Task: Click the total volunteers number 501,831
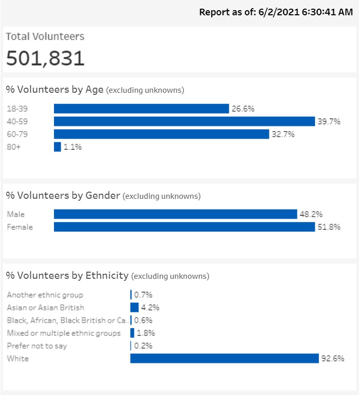pyautogui.click(x=45, y=58)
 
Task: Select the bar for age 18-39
pyautogui.click(x=141, y=109)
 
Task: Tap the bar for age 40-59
pyautogui.click(x=184, y=121)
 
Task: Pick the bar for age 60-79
pyautogui.click(x=161, y=134)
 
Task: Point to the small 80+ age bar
pyautogui.click(x=58, y=147)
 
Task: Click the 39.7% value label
pyautogui.click(x=329, y=121)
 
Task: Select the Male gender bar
pyautogui.click(x=175, y=214)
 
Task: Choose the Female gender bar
pyautogui.click(x=184, y=227)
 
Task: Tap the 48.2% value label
pyautogui.click(x=311, y=214)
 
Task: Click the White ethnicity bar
pyautogui.click(x=224, y=358)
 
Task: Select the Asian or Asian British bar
pyautogui.click(x=134, y=307)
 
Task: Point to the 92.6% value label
pyautogui.click(x=333, y=358)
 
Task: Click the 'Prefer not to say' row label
pyautogui.click(x=37, y=346)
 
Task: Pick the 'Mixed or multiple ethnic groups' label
pyautogui.click(x=64, y=333)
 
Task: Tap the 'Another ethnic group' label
pyautogui.click(x=45, y=295)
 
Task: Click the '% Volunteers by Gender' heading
pyautogui.click(x=63, y=195)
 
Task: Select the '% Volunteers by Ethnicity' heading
pyautogui.click(x=67, y=276)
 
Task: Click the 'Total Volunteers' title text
pyautogui.click(x=45, y=37)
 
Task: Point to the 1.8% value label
pyautogui.click(x=146, y=333)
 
